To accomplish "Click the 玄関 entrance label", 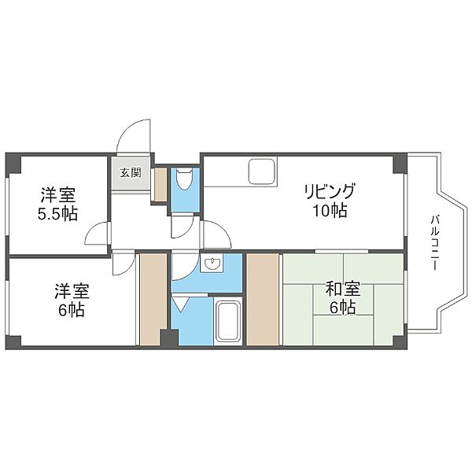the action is point(131,173).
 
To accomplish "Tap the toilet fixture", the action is point(184,179).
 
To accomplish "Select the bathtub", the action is point(229,321).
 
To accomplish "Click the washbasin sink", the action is point(213,264).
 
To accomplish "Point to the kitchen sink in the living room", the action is point(261,171).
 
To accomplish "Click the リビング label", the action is point(329,191).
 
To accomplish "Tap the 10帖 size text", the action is point(330,210).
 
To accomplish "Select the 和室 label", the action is point(343,289).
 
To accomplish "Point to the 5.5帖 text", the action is point(57,213).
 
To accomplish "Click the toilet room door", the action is point(183,226).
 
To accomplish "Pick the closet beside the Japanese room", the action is point(263,299).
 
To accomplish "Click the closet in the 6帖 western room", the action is point(153,299).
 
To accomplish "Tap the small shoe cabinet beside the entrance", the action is point(160,185).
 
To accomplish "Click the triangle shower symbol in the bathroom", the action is point(179,304).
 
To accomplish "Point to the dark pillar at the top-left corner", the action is point(13,163).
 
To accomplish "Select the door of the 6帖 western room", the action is point(124,264).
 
